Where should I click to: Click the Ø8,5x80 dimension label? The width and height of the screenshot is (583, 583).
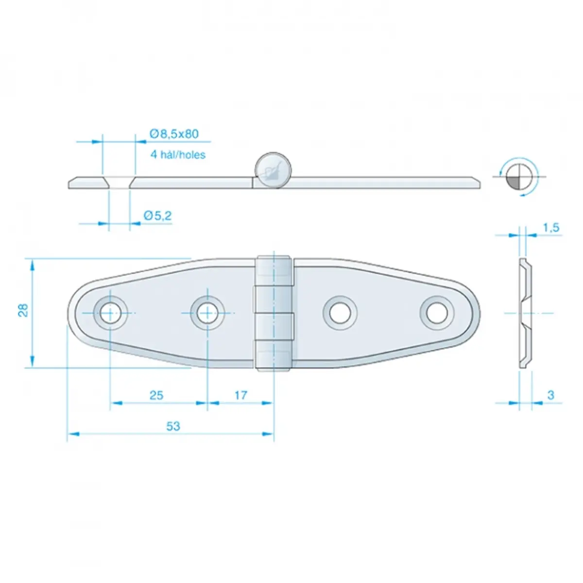pyautogui.click(x=174, y=134)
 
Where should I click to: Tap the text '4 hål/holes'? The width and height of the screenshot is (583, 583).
pyautogui.click(x=178, y=154)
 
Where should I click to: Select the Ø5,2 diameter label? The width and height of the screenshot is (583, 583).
pyautogui.click(x=157, y=216)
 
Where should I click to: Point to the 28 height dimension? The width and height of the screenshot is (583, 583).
pyautogui.click(x=23, y=310)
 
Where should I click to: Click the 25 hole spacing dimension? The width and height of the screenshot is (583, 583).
pyautogui.click(x=156, y=395)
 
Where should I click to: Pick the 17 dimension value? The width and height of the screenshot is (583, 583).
pyautogui.click(x=241, y=395)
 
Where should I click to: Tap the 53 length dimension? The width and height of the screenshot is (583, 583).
pyautogui.click(x=173, y=426)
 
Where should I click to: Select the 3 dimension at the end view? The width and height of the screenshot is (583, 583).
pyautogui.click(x=550, y=395)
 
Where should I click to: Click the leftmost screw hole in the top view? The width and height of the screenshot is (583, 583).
pyautogui.click(x=110, y=313)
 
